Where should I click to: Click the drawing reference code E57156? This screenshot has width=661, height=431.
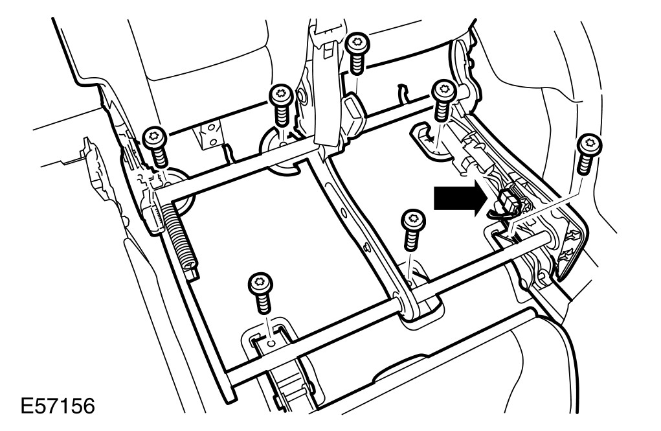point(58,408)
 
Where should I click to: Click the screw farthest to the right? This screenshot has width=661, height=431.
point(587,153)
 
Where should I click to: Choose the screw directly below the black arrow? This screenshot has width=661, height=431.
point(410,229)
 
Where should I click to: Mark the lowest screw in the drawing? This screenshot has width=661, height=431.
point(260,293)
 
